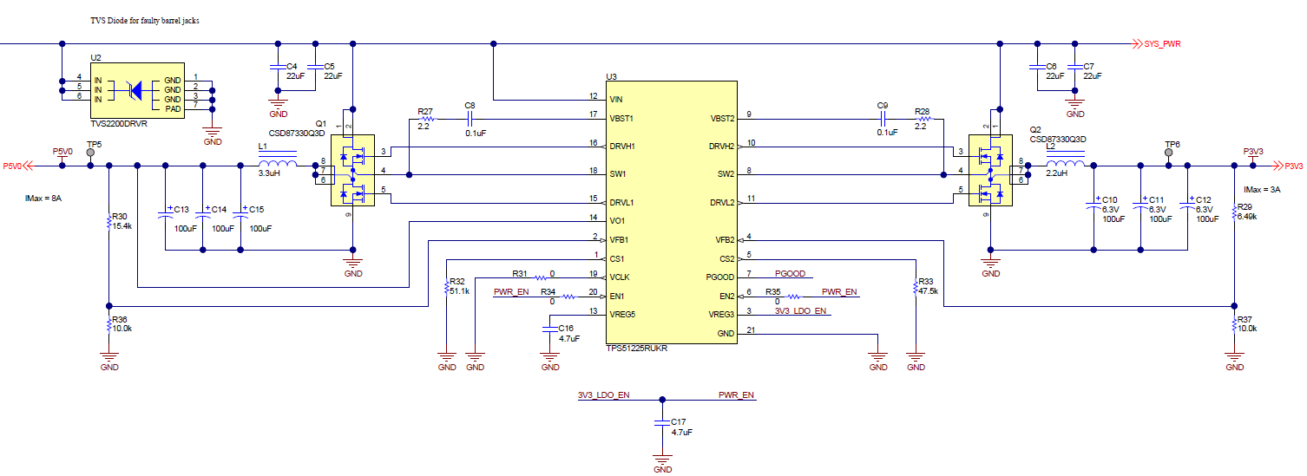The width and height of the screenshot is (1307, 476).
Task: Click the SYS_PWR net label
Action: click(x=1162, y=43)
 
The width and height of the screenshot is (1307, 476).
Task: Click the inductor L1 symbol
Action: click(x=277, y=165)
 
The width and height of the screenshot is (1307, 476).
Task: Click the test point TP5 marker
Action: click(x=91, y=153)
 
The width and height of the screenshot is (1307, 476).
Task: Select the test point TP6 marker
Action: click(x=1168, y=153)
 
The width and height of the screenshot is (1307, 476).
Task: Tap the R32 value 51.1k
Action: click(x=459, y=291)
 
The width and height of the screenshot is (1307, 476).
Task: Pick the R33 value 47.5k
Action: click(x=927, y=291)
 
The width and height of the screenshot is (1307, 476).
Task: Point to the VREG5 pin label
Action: click(x=623, y=315)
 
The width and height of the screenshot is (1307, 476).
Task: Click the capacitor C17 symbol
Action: click(x=662, y=422)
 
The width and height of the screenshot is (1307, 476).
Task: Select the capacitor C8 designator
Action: click(x=470, y=106)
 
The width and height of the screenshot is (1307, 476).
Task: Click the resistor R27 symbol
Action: click(x=426, y=118)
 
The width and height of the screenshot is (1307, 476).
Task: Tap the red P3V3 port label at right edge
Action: click(x=1293, y=166)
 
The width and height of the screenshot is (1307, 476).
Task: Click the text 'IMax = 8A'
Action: click(x=44, y=199)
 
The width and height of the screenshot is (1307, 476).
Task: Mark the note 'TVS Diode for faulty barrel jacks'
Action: click(x=145, y=20)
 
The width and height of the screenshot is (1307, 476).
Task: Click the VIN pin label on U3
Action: click(x=616, y=100)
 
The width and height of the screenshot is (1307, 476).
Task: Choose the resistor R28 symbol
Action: click(x=923, y=118)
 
